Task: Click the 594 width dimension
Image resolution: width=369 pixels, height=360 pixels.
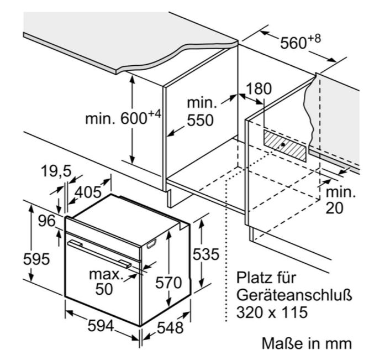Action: [x=101, y=326]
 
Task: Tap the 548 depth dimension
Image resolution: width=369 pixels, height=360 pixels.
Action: [x=170, y=327]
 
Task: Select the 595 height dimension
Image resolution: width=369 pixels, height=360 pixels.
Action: [x=36, y=259]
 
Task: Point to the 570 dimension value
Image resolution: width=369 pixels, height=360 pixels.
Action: [x=168, y=282]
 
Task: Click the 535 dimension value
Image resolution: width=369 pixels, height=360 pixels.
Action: [x=206, y=254]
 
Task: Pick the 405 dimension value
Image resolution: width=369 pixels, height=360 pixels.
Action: [x=88, y=192]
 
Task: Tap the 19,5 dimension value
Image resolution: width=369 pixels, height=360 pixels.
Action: [x=56, y=171]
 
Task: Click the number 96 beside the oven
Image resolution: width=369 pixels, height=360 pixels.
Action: [x=47, y=221]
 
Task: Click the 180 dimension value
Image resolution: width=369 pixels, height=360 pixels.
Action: [x=259, y=88]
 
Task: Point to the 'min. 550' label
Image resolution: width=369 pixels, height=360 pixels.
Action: [x=202, y=112]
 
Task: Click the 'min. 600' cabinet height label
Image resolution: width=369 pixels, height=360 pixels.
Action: [x=123, y=118]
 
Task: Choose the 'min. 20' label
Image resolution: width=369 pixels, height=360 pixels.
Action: [x=340, y=200]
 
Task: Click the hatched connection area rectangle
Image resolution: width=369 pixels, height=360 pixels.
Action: [x=285, y=145]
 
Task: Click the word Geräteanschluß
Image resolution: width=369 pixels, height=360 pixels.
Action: [x=294, y=295]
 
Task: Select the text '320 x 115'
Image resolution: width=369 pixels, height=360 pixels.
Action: [x=272, y=312]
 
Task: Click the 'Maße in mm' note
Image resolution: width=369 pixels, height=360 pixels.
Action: [x=307, y=343]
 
